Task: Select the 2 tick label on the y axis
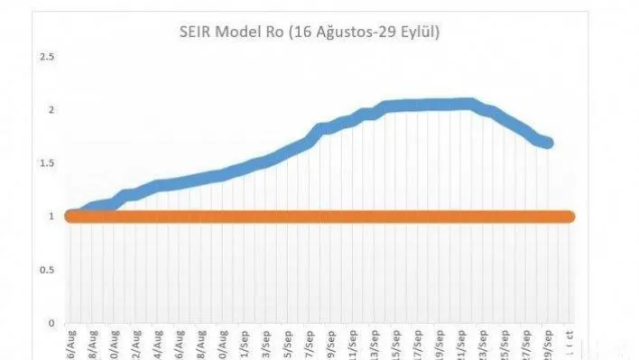tap(51, 110)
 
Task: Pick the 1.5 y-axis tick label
tap(46, 163)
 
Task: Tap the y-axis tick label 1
tap(51, 217)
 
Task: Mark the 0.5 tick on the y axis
tap(46, 270)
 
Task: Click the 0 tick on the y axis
tap(51, 323)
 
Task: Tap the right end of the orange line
tap(568, 217)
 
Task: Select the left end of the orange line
tap(71, 217)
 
